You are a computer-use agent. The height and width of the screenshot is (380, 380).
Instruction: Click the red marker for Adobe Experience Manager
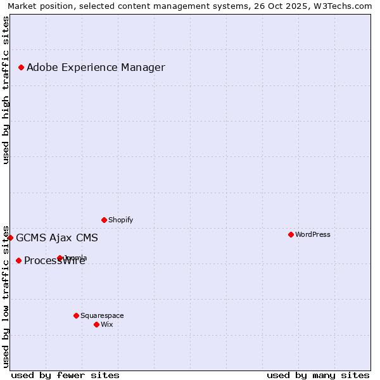click(21, 67)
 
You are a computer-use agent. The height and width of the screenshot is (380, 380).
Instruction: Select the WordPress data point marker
click(291, 234)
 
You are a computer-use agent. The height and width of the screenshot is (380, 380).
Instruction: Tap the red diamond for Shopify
click(104, 220)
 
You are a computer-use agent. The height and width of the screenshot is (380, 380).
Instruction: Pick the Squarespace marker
click(76, 315)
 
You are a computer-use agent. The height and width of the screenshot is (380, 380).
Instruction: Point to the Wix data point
click(96, 324)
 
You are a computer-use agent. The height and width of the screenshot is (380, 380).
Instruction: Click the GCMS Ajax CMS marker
click(10, 237)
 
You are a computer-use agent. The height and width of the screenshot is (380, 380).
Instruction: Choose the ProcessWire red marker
click(18, 260)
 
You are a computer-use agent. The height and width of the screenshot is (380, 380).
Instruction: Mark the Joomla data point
click(60, 258)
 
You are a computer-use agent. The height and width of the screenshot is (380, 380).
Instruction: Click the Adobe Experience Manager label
click(96, 67)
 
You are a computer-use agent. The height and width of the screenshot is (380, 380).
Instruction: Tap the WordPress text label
click(312, 234)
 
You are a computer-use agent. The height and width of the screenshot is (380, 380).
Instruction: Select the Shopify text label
click(120, 220)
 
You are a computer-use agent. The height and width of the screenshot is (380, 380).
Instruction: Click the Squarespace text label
click(102, 315)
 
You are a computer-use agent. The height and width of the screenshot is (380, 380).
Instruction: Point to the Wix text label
click(106, 324)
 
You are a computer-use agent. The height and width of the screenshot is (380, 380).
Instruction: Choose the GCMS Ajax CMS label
click(57, 238)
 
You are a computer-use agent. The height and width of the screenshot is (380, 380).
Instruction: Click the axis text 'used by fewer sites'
click(65, 375)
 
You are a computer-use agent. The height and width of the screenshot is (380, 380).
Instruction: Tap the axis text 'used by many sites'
click(318, 375)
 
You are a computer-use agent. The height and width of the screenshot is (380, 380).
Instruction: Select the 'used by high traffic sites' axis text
click(6, 90)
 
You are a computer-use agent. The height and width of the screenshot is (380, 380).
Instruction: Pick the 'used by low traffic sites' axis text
click(6, 296)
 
